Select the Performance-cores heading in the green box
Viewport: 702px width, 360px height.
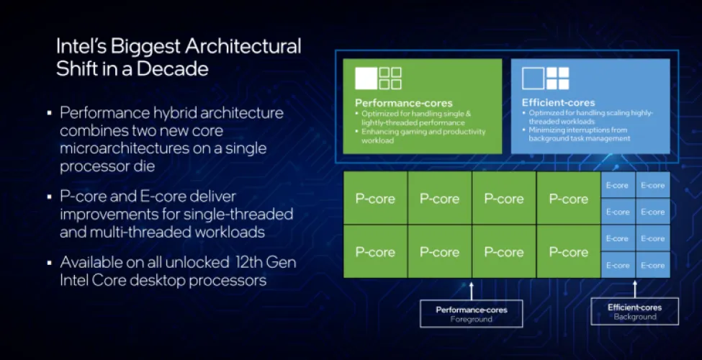404,103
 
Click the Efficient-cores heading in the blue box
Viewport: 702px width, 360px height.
559,103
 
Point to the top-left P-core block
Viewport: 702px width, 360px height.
375,199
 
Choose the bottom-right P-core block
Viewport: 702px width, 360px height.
569,252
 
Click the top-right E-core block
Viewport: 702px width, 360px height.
652,186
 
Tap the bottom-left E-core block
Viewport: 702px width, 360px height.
618,265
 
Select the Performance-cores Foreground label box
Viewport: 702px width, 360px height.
472,314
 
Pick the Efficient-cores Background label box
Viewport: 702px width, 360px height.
634,312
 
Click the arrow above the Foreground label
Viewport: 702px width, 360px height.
472,290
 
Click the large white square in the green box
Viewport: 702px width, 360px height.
366,78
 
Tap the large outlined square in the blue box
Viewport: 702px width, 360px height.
533,78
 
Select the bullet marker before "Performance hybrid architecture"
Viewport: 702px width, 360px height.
50,114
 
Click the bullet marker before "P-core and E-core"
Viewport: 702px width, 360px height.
50,197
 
